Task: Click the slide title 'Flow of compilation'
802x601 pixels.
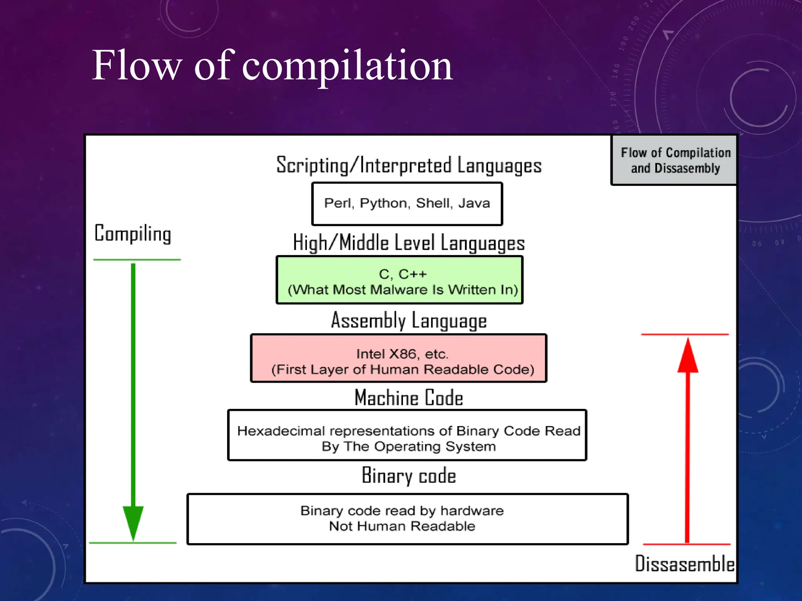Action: tap(272, 66)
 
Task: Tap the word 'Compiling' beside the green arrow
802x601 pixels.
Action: tap(133, 234)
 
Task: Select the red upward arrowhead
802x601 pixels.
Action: tap(688, 356)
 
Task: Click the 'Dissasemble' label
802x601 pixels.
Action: tap(684, 564)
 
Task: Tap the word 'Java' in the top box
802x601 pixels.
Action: tap(474, 203)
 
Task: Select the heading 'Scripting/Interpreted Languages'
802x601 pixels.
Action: tap(409, 165)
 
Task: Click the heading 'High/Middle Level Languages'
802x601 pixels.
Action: tap(409, 243)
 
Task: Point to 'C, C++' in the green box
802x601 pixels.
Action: tap(403, 274)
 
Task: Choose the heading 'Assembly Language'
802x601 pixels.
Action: tap(409, 320)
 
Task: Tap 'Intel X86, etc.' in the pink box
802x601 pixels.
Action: tap(402, 354)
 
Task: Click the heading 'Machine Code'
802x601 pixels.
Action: tap(409, 398)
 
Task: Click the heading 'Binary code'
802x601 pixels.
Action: tap(409, 475)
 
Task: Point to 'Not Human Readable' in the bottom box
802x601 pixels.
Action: tap(402, 526)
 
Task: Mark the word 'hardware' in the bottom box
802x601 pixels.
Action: tap(472, 511)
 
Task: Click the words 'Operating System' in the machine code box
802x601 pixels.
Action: tap(435, 446)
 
